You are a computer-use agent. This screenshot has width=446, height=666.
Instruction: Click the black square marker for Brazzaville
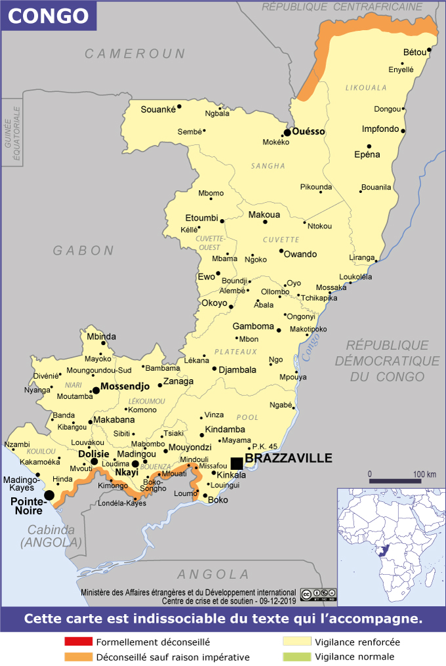pyautogui.click(x=237, y=463)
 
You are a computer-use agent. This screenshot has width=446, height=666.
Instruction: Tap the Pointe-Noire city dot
pyautogui.click(x=49, y=495)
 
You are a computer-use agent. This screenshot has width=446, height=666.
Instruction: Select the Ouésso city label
pyautogui.click(x=309, y=131)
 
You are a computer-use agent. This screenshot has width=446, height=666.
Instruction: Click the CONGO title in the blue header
pyautogui.click(x=48, y=16)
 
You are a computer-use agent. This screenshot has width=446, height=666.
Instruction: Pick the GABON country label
pyautogui.click(x=84, y=250)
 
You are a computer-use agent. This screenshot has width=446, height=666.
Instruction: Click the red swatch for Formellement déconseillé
pyautogui.click(x=78, y=642)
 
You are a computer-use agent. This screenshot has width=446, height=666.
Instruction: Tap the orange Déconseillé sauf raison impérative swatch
pyautogui.click(x=78, y=656)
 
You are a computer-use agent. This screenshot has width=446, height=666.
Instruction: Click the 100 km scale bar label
pyautogui.click(x=425, y=474)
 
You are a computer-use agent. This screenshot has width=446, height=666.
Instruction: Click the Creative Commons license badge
pyautogui.click(x=319, y=594)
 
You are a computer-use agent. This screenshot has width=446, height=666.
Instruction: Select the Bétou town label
pyautogui.click(x=415, y=52)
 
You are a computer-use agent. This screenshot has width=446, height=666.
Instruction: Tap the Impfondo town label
pyautogui.click(x=380, y=129)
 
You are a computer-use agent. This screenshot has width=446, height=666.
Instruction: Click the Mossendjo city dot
pyautogui.click(x=96, y=390)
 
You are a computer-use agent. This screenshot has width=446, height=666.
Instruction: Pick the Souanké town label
pyautogui.click(x=159, y=110)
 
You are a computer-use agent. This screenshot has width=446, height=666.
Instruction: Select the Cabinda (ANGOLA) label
pyautogui.click(x=51, y=536)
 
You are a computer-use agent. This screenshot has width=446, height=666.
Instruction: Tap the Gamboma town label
pyautogui.click(x=254, y=326)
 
